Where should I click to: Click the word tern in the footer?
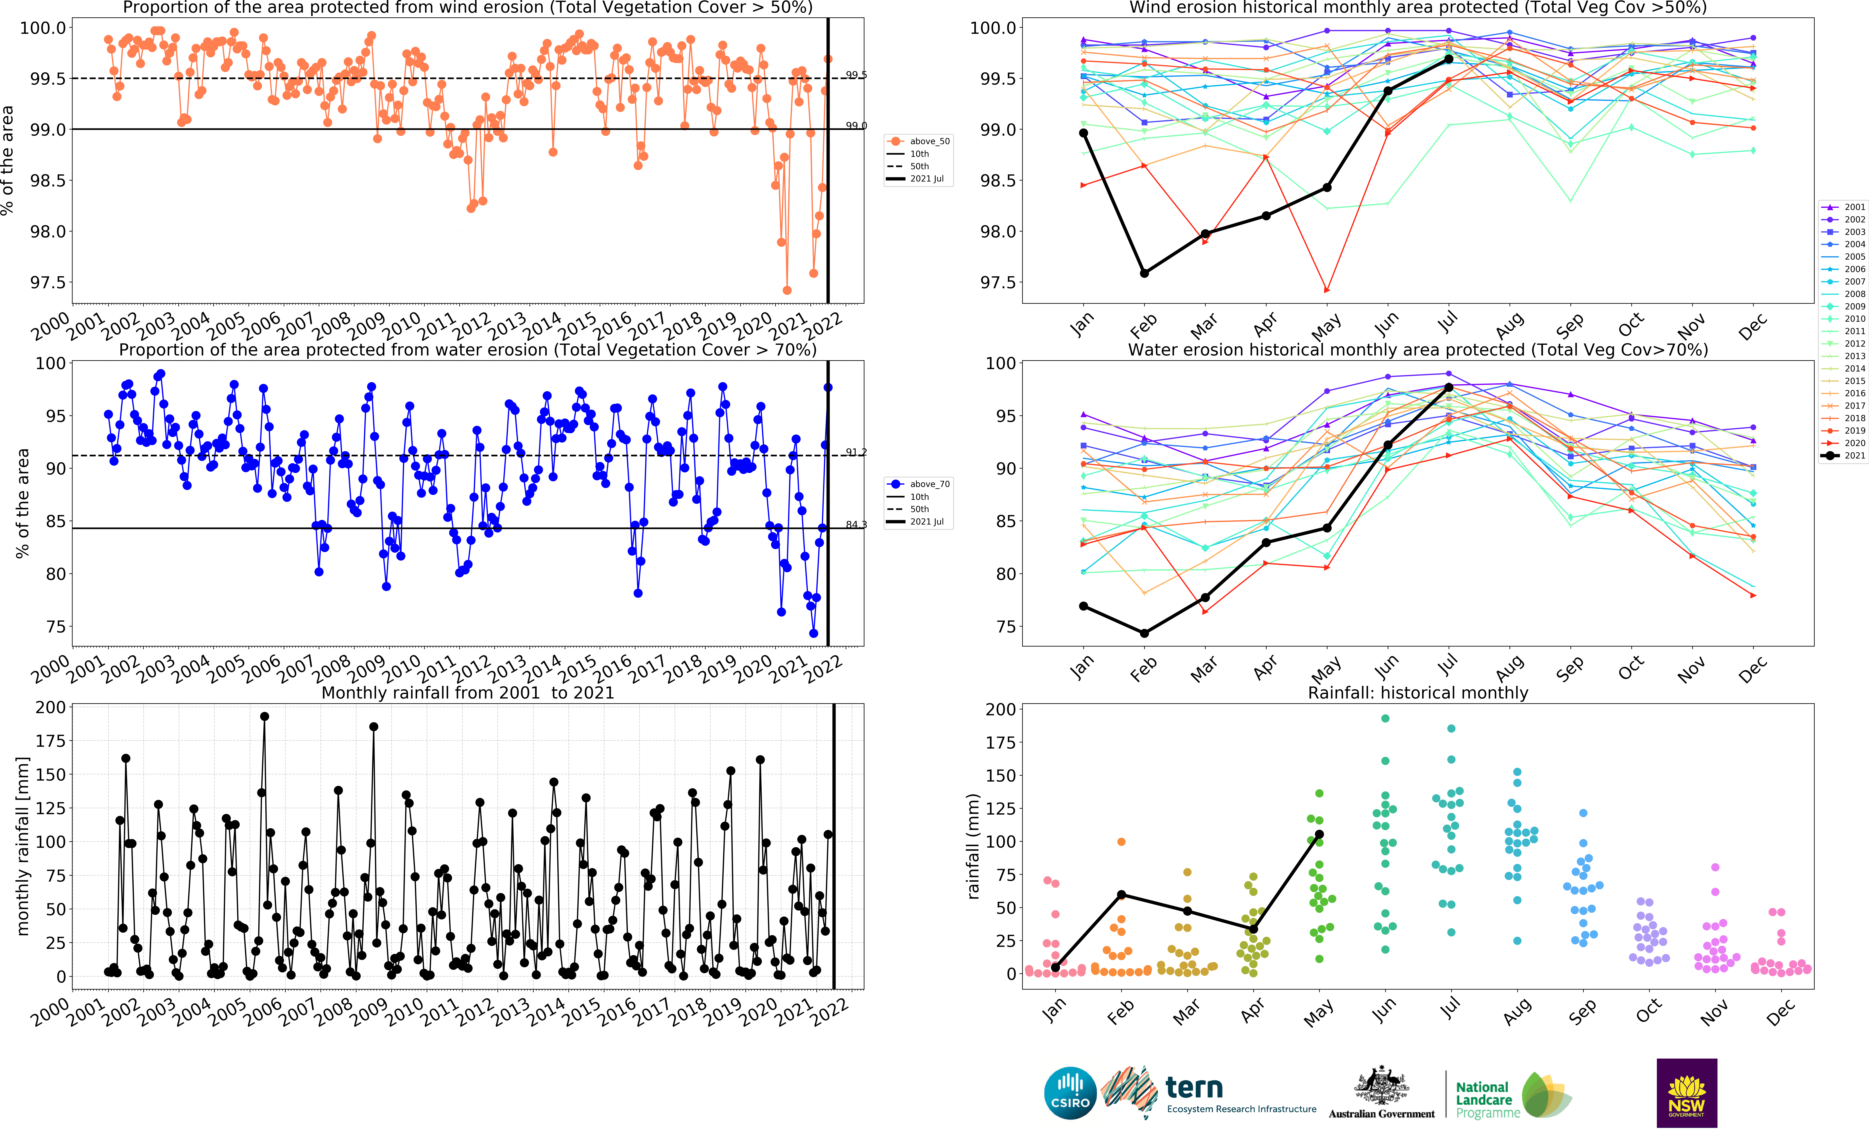click(x=1194, y=1087)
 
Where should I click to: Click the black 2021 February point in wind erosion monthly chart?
click(x=1145, y=273)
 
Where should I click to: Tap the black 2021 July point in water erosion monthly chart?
click(x=1449, y=388)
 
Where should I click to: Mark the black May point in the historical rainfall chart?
click(x=1319, y=834)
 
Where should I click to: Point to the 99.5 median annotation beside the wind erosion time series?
click(x=856, y=75)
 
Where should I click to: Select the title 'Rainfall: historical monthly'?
click(x=1418, y=693)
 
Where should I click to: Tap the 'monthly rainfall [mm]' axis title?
click(x=23, y=845)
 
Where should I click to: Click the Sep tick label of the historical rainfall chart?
click(x=1582, y=1012)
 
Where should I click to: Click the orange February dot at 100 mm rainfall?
click(x=1121, y=842)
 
